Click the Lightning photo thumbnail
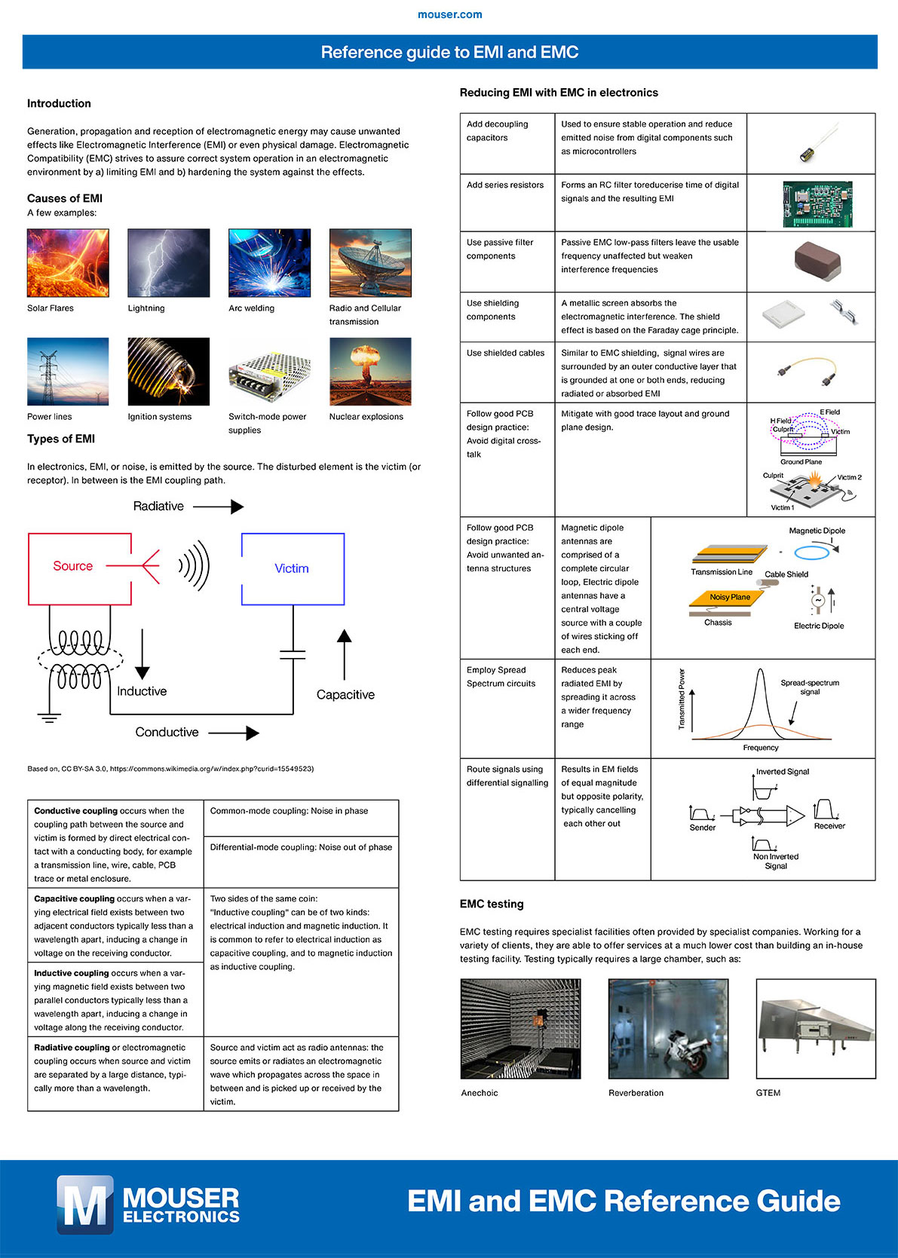169,262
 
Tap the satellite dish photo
370,262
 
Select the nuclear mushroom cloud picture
370,372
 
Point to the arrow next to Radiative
218,507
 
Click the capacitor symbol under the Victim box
293,655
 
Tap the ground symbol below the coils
50,717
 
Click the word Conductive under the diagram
167,733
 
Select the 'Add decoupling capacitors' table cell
507,143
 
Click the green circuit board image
817,204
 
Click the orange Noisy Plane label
729,597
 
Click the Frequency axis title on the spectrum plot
760,748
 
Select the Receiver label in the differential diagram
829,825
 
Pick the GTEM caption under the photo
768,1092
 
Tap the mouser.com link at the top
449,14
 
